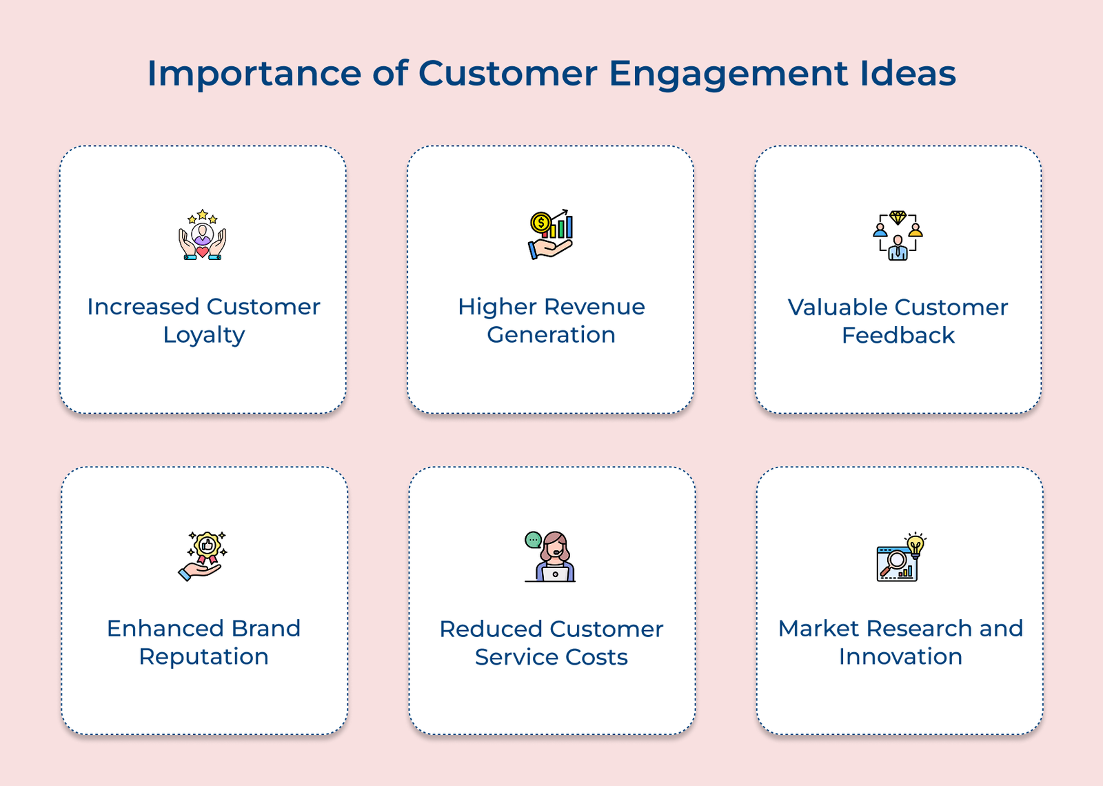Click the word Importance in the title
(x=254, y=74)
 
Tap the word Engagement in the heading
(x=728, y=74)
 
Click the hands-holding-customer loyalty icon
(x=203, y=235)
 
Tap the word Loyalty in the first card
(x=204, y=335)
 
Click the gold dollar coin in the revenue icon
(x=540, y=223)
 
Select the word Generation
(x=551, y=335)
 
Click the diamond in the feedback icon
(x=898, y=217)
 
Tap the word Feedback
(x=898, y=335)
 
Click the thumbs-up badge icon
(x=207, y=546)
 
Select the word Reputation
(x=204, y=656)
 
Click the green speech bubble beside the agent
(x=533, y=540)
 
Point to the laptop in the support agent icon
(x=555, y=574)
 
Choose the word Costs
(x=598, y=657)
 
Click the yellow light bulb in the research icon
(x=915, y=545)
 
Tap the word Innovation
(x=900, y=656)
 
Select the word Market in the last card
(x=818, y=628)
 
